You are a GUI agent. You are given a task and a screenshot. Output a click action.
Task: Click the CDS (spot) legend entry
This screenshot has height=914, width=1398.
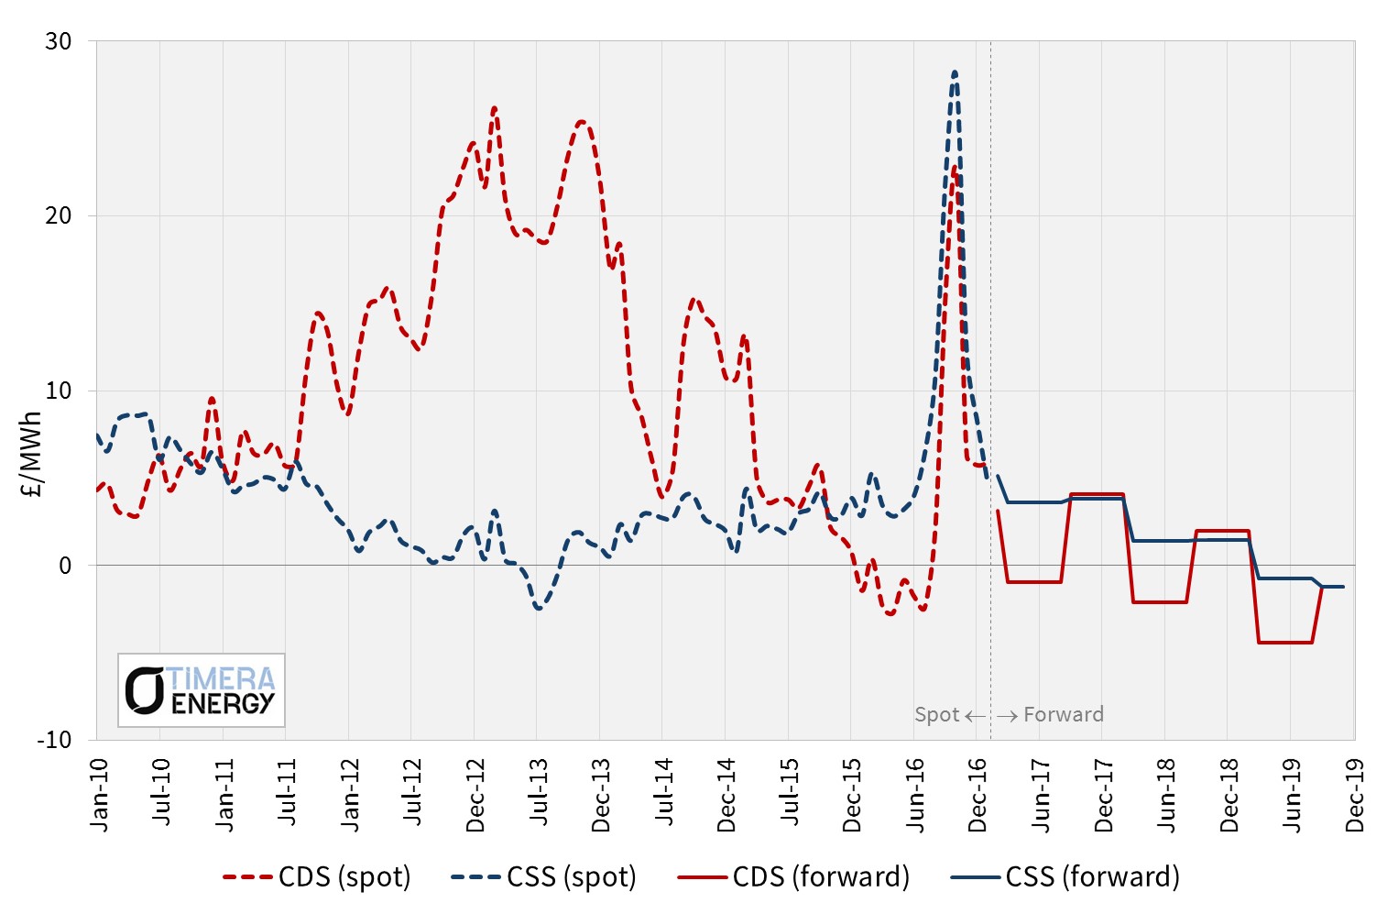pos(318,877)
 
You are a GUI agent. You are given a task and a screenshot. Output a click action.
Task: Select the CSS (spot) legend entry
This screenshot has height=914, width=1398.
pos(544,877)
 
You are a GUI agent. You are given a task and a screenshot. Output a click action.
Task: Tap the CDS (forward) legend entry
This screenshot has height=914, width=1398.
pos(794,877)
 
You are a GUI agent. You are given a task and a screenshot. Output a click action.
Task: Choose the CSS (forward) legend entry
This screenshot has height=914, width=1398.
pos(1065,877)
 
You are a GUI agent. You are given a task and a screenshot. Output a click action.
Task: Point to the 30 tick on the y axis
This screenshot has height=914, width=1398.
pos(58,41)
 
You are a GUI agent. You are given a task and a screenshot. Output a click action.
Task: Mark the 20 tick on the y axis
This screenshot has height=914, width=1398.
pos(58,215)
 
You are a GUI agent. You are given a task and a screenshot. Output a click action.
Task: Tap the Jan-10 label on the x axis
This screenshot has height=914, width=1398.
pos(98,795)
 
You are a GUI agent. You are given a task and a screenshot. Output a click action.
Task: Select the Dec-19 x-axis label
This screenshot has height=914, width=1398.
pos(1354,795)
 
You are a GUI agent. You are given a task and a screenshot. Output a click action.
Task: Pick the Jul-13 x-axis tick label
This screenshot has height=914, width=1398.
pos(538,793)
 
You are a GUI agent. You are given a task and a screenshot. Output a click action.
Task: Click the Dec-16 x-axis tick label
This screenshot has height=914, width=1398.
pos(978,795)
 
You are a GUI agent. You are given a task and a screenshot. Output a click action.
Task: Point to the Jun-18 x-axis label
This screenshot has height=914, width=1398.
pos(1165,795)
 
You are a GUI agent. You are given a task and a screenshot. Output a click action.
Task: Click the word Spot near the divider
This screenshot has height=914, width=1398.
pos(936,715)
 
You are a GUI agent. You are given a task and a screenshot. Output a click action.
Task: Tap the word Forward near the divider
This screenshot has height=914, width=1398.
pos(1063,715)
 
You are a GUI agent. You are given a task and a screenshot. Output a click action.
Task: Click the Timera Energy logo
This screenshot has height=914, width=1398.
pos(202,690)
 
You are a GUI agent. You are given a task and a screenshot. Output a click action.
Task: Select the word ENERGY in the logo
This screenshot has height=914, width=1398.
pos(223,703)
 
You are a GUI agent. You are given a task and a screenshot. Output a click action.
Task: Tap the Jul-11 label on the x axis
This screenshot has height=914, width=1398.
pos(287,793)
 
